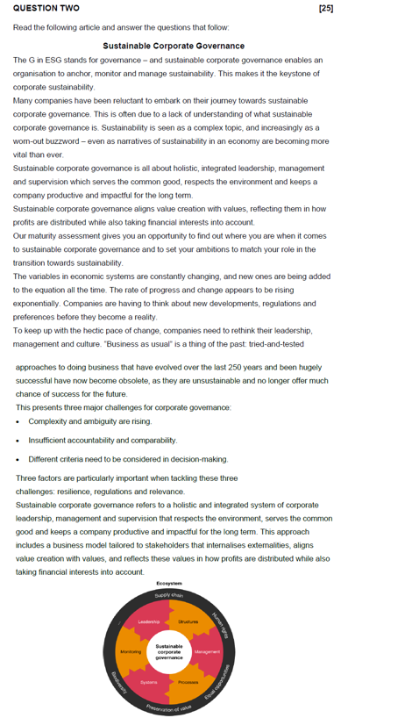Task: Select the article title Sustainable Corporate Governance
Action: tap(174, 46)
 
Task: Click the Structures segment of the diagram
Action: tap(188, 622)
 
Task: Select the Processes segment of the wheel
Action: tap(188, 682)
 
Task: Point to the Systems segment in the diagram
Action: tap(149, 682)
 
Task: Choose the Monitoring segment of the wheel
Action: tap(130, 652)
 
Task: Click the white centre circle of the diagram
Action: tap(169, 651)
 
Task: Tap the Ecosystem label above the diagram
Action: tap(169, 584)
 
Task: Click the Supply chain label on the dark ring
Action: tap(169, 596)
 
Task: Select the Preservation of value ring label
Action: tap(169, 708)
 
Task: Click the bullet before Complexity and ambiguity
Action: tap(18, 421)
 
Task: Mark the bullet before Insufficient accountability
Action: tap(18, 440)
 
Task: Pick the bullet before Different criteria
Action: tap(18, 459)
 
